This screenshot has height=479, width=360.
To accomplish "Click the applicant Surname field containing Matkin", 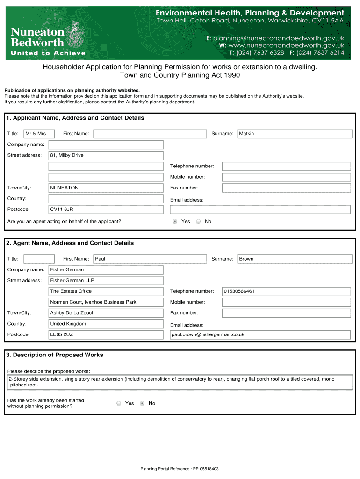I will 295,134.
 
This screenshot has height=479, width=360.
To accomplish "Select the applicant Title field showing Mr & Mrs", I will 39,134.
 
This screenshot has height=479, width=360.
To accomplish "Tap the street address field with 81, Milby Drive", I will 106,155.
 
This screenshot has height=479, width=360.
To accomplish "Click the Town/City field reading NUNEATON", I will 106,188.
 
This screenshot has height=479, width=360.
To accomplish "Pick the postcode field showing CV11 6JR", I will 106,210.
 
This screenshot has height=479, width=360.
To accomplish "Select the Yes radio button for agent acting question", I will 175,221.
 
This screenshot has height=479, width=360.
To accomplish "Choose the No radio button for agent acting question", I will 198,221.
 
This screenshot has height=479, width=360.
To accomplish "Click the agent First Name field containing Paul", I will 150,259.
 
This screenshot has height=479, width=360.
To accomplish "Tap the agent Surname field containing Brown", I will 295,259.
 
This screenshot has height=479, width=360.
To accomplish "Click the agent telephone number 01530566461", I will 286,291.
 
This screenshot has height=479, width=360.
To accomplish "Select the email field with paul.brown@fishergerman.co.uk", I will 259,334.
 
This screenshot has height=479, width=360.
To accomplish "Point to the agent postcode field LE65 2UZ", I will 106,334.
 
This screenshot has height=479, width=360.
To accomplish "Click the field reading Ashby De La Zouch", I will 106,313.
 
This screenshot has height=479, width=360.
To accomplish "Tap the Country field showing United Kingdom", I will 106,324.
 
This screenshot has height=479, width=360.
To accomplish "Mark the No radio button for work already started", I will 142,403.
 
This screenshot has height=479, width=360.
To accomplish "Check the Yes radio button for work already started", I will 119,403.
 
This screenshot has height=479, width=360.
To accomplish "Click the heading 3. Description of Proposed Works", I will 55,355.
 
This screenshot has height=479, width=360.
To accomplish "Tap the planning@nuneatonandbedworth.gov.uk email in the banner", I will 275,38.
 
